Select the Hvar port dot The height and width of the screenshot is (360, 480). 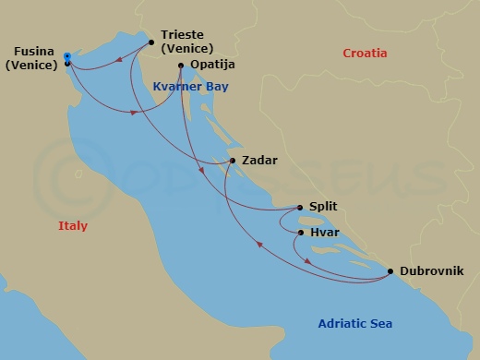tap(301, 233)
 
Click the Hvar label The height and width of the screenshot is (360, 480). tap(325, 234)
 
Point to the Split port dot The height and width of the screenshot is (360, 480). tap(301, 208)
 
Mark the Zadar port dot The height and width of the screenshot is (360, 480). tap(233, 161)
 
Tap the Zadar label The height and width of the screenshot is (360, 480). tap(259, 161)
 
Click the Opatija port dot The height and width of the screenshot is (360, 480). tap(181, 66)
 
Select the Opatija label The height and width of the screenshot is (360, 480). tap(212, 66)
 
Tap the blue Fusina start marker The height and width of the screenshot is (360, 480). tap(67, 57)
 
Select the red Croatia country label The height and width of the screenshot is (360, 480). tap(366, 54)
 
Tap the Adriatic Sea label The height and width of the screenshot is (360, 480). tap(354, 323)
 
